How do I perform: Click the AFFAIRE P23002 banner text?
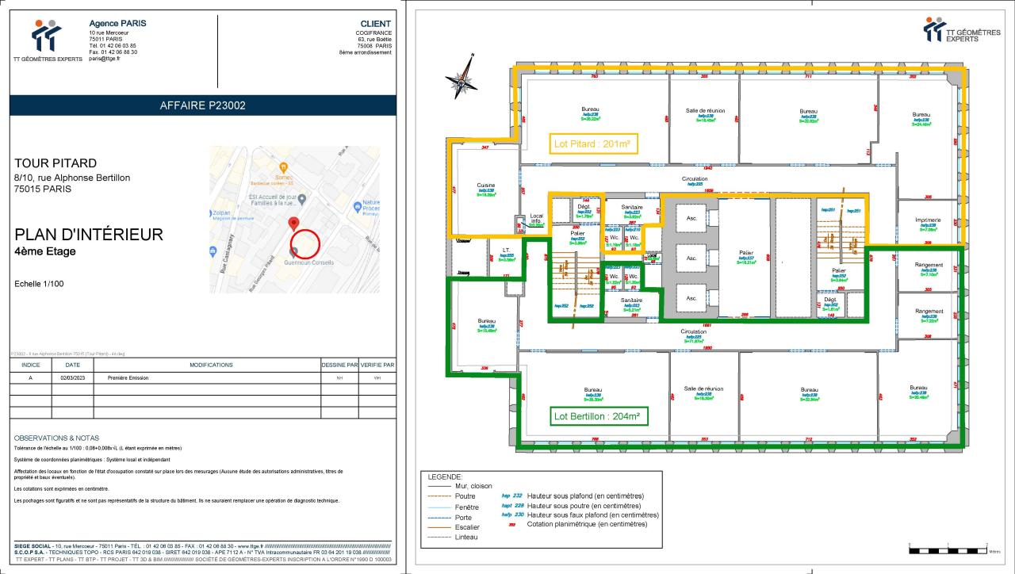[203, 105]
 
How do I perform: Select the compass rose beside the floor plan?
[462, 77]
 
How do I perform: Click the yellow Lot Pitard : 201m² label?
[594, 143]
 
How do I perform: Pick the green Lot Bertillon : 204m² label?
[597, 415]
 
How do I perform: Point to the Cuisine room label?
[486, 186]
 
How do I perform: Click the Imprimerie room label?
[928, 220]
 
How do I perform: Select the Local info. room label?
[537, 218]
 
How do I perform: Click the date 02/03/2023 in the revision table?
[71, 378]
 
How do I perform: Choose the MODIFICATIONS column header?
[211, 365]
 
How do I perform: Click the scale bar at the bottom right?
[948, 548]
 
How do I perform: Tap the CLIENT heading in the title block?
[375, 24]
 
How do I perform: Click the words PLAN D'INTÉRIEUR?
[89, 235]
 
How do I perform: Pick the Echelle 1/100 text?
[40, 284]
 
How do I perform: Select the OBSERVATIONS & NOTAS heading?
[56, 438]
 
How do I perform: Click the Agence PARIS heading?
[117, 23]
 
